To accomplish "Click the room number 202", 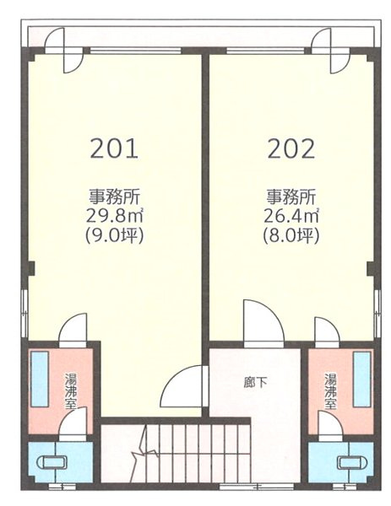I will [x=291, y=149].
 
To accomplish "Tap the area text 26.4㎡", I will [x=291, y=217].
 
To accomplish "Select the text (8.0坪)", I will [x=291, y=236].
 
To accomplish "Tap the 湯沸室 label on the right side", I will [x=330, y=390].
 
